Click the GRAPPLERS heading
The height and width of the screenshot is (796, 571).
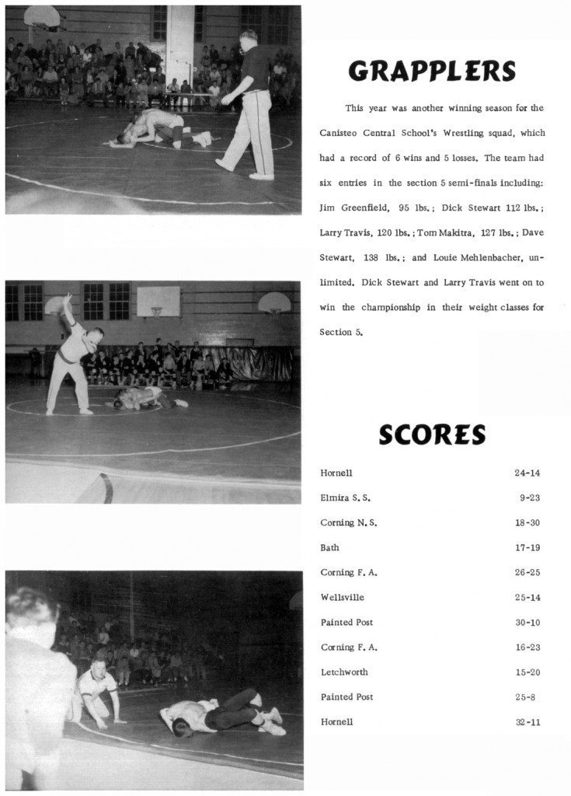[432, 72]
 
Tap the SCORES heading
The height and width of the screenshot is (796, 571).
[432, 435]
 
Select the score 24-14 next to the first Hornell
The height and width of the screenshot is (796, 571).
[527, 473]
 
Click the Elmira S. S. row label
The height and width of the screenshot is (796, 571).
[345, 497]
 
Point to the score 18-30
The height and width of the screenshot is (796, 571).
[527, 522]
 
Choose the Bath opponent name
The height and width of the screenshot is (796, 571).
[329, 547]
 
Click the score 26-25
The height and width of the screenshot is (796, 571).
[527, 572]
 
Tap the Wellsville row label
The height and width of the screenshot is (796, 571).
[342, 597]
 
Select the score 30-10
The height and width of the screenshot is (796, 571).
[527, 622]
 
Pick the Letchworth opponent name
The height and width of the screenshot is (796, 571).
[344, 672]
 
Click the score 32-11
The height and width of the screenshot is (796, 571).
[527, 721]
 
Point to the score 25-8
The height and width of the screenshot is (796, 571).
[525, 696]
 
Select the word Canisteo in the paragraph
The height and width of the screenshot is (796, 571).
[337, 133]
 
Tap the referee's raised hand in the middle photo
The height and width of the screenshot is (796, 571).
[66, 298]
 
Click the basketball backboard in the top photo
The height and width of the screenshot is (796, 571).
[41, 16]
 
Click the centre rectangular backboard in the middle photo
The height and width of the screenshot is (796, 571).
[158, 301]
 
